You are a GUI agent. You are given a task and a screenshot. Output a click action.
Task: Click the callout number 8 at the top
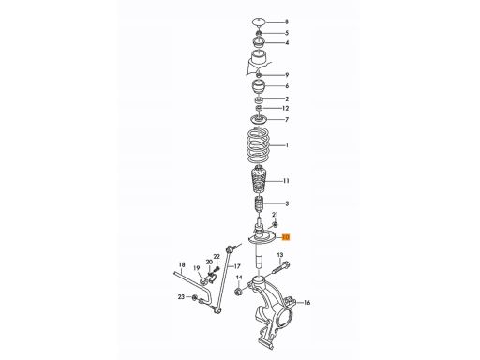(x=287, y=22)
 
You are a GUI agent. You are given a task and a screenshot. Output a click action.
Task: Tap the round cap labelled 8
(x=259, y=22)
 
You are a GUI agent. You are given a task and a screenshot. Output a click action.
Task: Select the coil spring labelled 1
(x=258, y=145)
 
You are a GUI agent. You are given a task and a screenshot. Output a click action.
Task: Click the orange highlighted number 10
(x=286, y=237)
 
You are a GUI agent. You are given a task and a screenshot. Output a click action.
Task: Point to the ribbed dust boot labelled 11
(x=259, y=182)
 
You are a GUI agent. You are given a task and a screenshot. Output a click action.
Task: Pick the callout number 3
(x=287, y=203)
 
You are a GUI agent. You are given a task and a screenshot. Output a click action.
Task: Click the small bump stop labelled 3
(x=259, y=204)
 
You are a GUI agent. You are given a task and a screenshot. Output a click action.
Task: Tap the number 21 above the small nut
(x=275, y=215)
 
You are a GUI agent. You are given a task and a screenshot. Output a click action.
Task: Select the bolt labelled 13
(x=279, y=267)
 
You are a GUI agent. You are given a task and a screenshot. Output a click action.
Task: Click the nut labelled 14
(x=238, y=292)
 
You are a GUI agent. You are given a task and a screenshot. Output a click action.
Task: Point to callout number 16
(x=307, y=303)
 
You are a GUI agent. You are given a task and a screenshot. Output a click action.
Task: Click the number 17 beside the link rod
(x=237, y=266)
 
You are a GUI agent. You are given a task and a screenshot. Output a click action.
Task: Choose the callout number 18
(x=182, y=264)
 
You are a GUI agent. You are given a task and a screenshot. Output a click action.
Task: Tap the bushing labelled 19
(x=202, y=280)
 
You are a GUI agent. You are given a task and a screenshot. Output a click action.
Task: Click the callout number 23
(x=182, y=297)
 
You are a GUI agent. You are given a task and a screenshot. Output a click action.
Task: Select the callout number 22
(x=217, y=256)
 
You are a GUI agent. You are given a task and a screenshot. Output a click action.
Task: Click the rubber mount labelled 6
(x=259, y=87)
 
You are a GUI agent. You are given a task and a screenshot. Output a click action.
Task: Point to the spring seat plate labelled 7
(x=259, y=119)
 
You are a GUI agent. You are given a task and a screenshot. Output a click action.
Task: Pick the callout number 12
(x=285, y=108)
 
